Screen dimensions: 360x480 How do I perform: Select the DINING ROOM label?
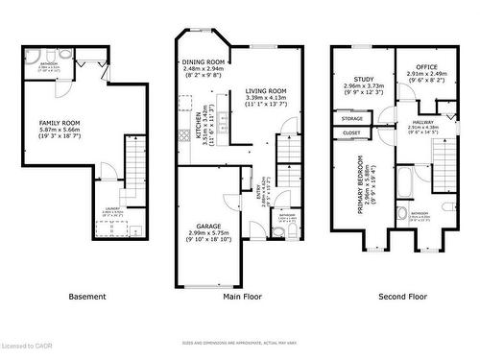coord(203,62)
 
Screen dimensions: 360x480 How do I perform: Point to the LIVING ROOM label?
coord(266,91)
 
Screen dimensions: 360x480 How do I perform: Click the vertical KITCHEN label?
coord(199,127)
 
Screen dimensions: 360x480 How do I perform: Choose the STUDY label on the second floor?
coord(363,81)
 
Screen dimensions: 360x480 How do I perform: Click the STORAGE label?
coord(351,118)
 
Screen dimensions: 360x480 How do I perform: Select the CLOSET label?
coord(351,132)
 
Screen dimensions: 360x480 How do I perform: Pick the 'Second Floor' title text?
coord(401,298)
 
